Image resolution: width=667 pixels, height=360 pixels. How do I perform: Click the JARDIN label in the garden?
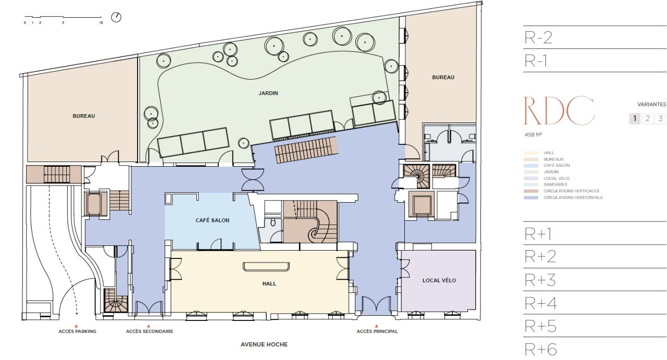(x=268, y=94)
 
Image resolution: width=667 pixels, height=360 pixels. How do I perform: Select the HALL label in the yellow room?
(x=269, y=284)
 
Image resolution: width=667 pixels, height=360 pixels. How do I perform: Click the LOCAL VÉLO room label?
(x=439, y=280)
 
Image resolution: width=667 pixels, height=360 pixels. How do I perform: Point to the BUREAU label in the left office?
(x=83, y=116)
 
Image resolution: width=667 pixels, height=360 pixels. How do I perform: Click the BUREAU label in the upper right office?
(x=443, y=77)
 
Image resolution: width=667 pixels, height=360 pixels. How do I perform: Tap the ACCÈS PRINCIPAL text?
(x=377, y=331)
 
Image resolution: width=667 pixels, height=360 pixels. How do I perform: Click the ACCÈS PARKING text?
(x=77, y=331)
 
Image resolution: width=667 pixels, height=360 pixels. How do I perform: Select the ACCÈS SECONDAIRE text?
(x=150, y=331)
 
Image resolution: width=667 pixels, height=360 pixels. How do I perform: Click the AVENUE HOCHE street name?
(x=264, y=344)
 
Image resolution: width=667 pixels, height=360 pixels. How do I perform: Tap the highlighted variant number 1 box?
(x=636, y=118)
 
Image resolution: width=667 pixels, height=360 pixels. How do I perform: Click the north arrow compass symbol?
(x=117, y=18)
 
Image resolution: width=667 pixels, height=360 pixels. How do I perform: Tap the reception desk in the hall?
(x=266, y=267)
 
